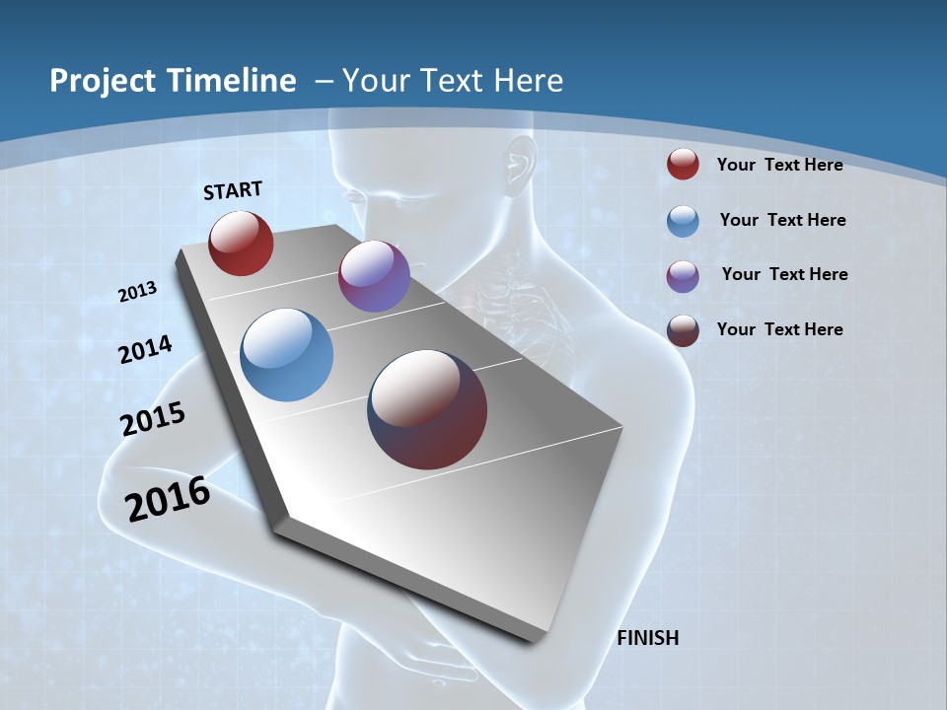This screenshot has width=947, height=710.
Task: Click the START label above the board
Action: coord(233,190)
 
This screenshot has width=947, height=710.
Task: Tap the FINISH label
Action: coord(647,638)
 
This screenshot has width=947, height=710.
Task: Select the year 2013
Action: coord(138,292)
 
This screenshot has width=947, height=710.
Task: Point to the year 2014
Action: coord(145,349)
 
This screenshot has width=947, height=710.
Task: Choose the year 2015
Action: coord(153,419)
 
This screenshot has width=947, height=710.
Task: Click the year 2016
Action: coord(168,499)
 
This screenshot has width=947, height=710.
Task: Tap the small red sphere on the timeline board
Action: coord(241,243)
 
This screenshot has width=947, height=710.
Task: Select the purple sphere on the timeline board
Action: coord(374,276)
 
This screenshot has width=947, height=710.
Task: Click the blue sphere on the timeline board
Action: coord(287,355)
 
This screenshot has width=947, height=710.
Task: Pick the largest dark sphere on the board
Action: coord(427,409)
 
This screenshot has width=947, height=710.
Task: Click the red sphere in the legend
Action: coord(683,165)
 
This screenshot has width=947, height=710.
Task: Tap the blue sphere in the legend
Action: coord(683,221)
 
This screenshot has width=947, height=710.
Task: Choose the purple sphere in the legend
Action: coord(683,276)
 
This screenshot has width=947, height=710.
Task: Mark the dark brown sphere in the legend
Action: coord(683,330)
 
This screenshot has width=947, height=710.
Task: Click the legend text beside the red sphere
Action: coord(779,165)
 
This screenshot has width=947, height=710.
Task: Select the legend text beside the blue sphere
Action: coord(782,220)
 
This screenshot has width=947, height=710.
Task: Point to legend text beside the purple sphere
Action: coord(784,274)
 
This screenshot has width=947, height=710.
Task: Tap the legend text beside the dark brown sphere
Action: coord(779,329)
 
